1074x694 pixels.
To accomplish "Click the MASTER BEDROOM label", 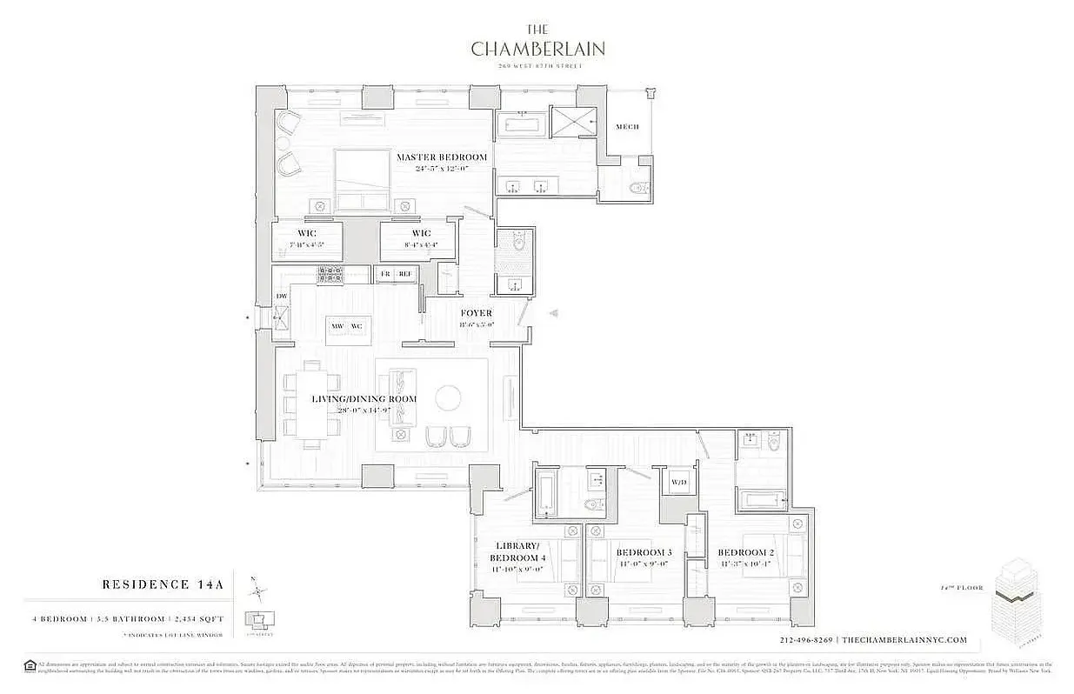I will pos(441,157).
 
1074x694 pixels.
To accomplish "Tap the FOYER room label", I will pos(476,313).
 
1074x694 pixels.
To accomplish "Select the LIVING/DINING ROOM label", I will pos(364,399).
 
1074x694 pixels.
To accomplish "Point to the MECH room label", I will pos(627,127).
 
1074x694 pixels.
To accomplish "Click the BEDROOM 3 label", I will pos(644,552).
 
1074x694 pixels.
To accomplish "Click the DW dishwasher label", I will pos(282,297).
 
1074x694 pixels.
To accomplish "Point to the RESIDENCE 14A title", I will pos(163,584).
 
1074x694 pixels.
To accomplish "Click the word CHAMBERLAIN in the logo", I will pos(537,48).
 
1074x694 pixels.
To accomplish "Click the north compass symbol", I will pos(258,592).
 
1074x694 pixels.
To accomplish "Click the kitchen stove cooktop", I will pos(331,275).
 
